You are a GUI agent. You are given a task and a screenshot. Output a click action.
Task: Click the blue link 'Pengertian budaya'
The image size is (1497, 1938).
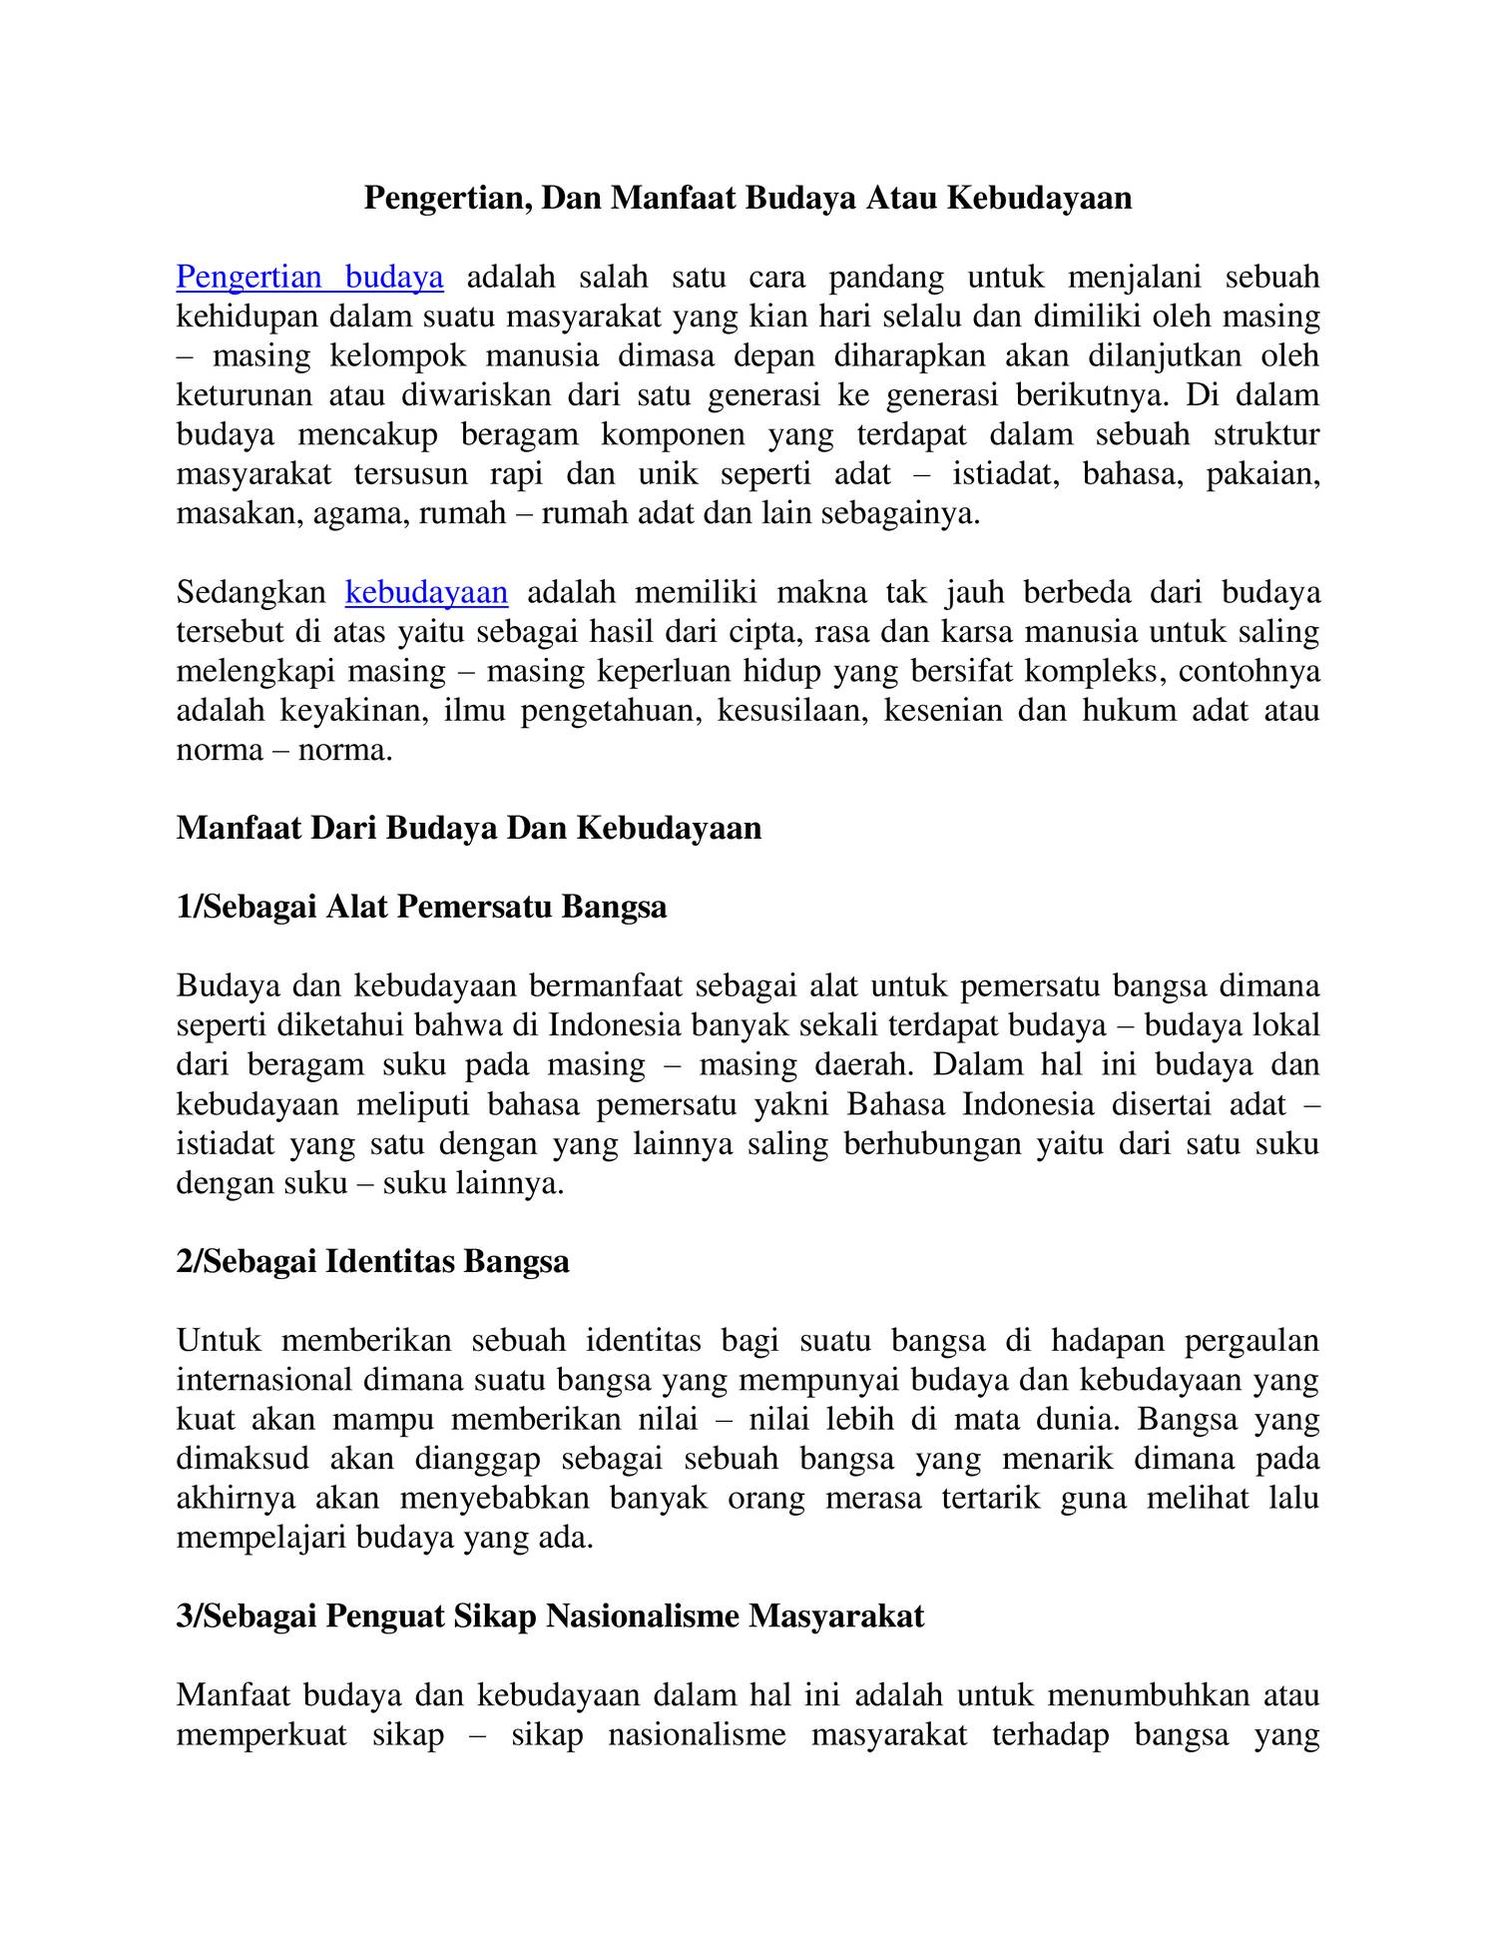[309, 277]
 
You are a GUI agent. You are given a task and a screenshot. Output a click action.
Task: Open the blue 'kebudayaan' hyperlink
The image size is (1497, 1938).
[426, 592]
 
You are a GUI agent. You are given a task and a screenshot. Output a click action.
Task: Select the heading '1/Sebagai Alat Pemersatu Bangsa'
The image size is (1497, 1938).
[421, 907]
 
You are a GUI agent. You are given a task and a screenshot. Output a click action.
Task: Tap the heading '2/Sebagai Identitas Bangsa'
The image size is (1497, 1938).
[372, 1261]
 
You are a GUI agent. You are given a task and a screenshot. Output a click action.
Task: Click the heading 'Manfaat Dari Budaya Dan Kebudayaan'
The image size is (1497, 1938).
[468, 828]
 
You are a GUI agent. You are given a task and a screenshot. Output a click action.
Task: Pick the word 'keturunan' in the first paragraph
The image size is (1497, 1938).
[246, 395]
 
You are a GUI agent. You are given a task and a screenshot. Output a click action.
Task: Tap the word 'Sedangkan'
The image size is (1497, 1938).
[251, 592]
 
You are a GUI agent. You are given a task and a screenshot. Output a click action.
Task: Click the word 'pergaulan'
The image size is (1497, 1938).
[1251, 1340]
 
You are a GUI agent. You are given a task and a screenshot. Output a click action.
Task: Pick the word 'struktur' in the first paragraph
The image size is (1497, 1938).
[1266, 434]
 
